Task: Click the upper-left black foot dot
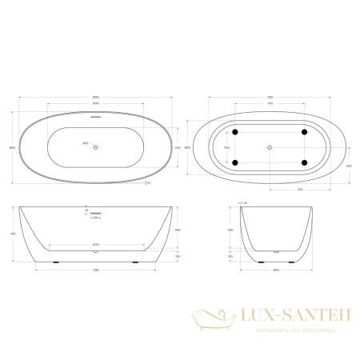pos(235,132)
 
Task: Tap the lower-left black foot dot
pos(235,163)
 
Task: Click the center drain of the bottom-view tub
pos(270,147)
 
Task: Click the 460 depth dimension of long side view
pos(175,230)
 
